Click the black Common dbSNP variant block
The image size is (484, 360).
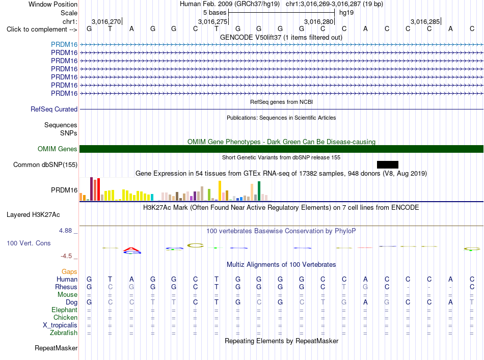pos(387,164)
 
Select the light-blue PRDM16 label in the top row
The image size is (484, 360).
pos(64,44)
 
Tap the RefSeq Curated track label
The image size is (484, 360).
pos(54,109)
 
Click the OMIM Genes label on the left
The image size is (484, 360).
pos(58,149)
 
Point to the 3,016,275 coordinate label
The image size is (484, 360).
pos(212,21)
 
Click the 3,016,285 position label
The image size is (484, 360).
pos(425,21)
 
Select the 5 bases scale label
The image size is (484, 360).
pos(214,13)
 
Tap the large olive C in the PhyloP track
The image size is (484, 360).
pos(196,245)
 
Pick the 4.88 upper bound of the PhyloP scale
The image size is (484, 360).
pos(65,231)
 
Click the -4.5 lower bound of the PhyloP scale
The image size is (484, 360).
pos(66,256)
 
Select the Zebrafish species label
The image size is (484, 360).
pos(64,333)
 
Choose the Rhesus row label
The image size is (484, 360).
pos(66,287)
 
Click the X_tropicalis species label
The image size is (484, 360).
pos(60,325)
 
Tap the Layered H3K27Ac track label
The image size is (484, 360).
pos(33,215)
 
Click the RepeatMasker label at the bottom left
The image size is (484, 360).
pos(56,348)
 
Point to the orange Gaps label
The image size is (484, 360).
pos(69,271)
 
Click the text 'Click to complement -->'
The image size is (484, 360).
pos(42,30)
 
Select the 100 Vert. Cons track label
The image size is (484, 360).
pos(29,243)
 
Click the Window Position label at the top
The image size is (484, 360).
pos(53,4)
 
